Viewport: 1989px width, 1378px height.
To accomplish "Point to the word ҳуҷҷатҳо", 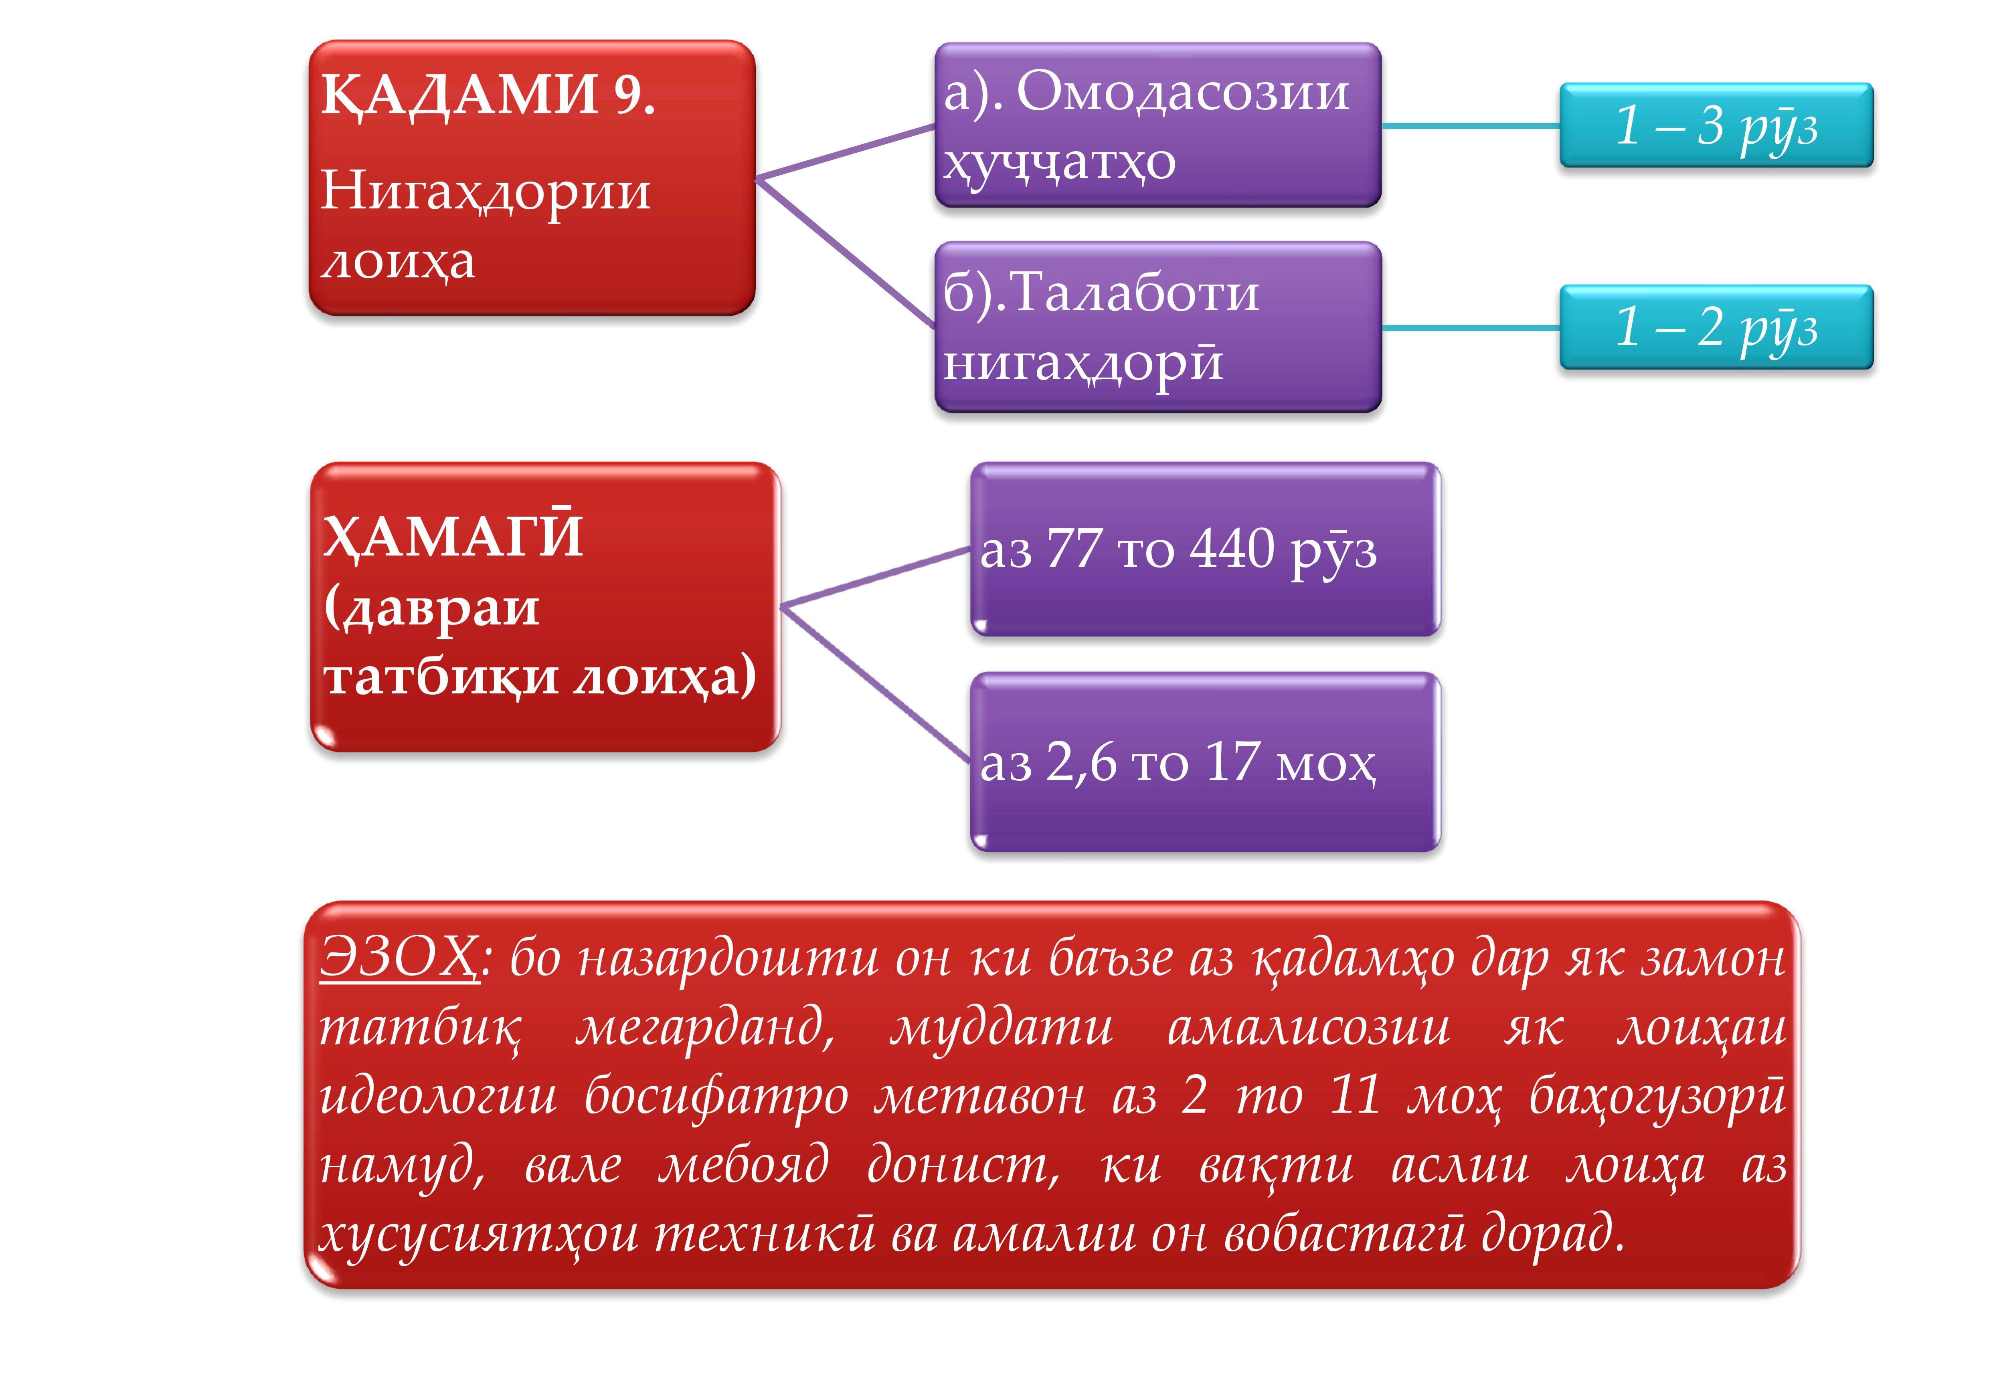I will click(x=1060, y=162).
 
